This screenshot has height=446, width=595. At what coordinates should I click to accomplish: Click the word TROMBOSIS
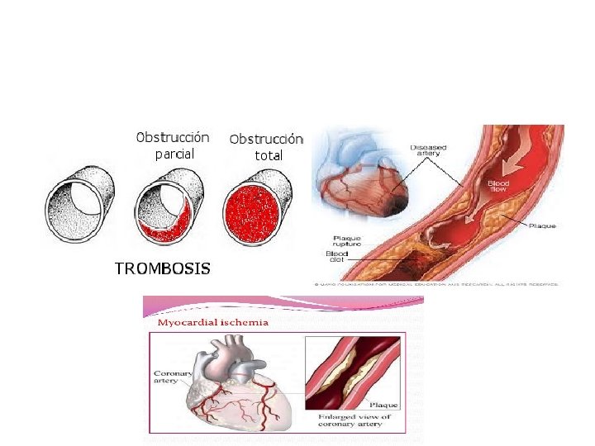coord(162,268)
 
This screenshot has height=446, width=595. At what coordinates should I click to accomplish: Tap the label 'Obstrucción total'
coord(266,146)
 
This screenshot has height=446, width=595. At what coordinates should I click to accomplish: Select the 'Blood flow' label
coord(498,187)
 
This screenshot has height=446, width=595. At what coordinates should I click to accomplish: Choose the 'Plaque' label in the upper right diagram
coord(543,225)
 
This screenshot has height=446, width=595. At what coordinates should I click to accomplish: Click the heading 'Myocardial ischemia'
coord(212,322)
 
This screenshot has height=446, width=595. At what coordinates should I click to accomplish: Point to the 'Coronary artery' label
coord(170,378)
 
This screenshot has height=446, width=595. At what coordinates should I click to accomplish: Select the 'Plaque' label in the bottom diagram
coord(385,406)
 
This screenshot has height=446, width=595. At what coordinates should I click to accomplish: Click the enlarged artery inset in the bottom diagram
coord(355,372)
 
